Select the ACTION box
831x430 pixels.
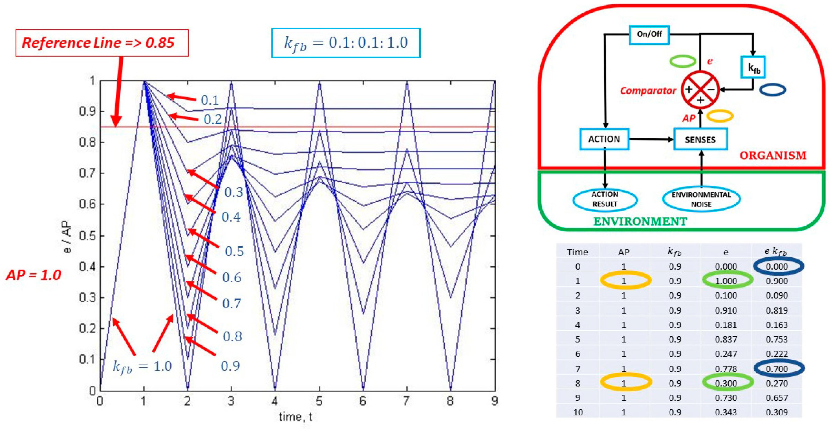click(x=604, y=139)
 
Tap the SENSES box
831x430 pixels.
click(x=700, y=140)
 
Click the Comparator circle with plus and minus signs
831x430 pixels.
click(x=700, y=90)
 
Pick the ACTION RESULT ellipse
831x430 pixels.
click(x=605, y=199)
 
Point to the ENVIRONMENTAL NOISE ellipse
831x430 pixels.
click(x=701, y=199)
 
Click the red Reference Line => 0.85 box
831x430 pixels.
click(x=102, y=43)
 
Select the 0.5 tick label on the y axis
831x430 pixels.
click(x=87, y=236)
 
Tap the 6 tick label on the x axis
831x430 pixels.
click(x=363, y=401)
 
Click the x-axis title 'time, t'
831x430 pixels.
click(x=295, y=417)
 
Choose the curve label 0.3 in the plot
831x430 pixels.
click(x=234, y=192)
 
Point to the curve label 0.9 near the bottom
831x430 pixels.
click(x=230, y=366)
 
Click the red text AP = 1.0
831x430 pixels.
click(x=34, y=275)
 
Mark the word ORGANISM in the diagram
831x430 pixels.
click(x=773, y=155)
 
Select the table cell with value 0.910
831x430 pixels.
click(x=726, y=310)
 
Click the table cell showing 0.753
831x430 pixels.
click(x=776, y=340)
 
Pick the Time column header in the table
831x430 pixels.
click(x=577, y=252)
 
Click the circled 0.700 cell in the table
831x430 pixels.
click(x=776, y=368)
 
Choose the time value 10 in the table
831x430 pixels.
click(x=577, y=412)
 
